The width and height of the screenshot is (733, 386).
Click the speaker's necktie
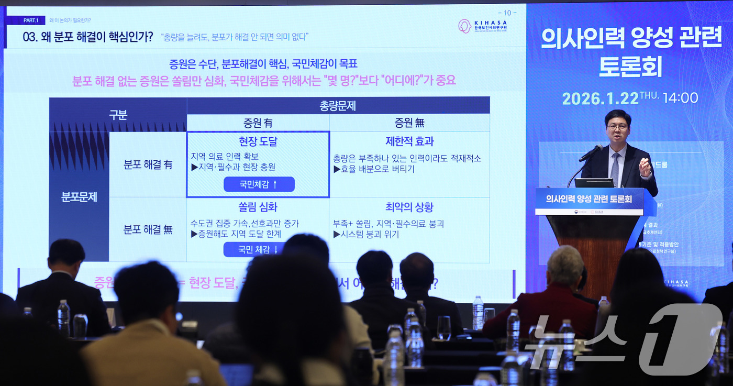tap(615, 168)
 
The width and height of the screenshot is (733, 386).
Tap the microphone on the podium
tap(591, 153)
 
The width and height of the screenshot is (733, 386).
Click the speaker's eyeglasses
tap(617, 127)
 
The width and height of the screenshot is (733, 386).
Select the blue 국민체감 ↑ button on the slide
tap(259, 184)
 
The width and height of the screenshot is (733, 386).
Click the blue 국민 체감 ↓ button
tap(259, 249)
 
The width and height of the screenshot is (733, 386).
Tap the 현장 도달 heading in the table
tap(258, 141)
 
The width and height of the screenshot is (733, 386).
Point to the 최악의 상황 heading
tap(409, 207)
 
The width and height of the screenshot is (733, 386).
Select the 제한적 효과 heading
tap(409, 141)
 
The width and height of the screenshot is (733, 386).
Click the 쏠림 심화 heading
tap(258, 207)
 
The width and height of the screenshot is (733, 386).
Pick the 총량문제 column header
tap(338, 106)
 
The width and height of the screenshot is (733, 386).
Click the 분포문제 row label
tap(79, 197)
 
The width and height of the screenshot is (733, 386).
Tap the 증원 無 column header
tap(409, 123)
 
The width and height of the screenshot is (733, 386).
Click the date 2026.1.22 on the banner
tap(600, 98)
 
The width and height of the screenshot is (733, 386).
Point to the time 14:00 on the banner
tap(680, 98)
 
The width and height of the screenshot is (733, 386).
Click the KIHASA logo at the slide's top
tap(482, 26)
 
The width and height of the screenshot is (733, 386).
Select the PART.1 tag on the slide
tap(31, 20)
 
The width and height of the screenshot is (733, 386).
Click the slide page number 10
tap(507, 13)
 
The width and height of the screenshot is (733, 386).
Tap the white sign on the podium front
tap(589, 202)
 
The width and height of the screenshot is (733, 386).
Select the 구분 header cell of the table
tap(118, 115)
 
